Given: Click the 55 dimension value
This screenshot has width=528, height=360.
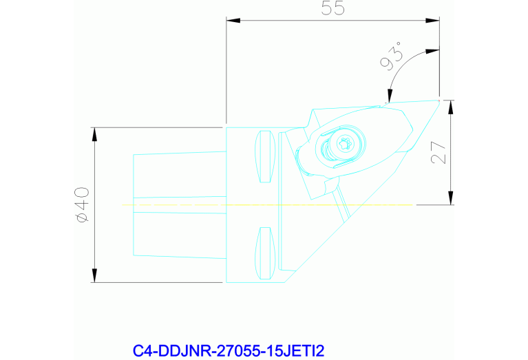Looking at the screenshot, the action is coord(332,8).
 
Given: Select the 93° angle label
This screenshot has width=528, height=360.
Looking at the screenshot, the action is coord(391,56).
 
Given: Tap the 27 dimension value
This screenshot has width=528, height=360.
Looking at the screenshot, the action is coord(439,152).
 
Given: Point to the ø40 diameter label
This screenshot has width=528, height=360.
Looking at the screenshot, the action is coord(83,204).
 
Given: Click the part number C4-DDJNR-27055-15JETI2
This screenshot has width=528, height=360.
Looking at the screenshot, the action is coord(229,350).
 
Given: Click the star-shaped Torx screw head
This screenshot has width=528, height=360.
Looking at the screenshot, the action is coord(344,144).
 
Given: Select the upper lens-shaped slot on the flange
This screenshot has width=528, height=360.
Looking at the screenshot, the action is coord(265,156).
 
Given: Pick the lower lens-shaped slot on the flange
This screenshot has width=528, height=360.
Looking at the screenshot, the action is coord(265,253).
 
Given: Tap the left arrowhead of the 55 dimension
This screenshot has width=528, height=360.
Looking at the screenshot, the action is coord(233,21).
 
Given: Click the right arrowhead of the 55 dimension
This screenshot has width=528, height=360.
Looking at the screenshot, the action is coord(432,21).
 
